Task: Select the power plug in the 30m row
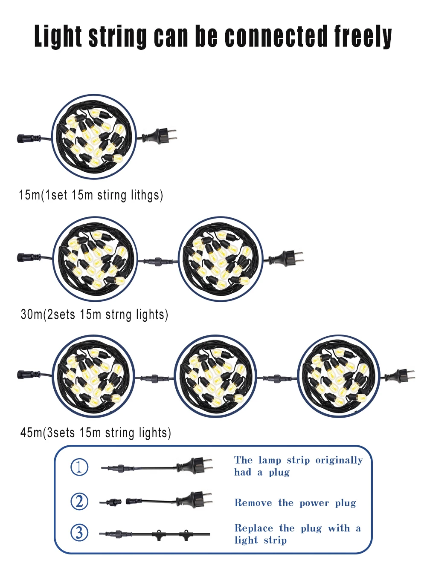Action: coord(288,257)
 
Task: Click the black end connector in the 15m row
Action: coord(25,139)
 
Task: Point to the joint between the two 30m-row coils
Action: coord(157,260)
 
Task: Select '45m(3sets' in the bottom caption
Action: coord(47,433)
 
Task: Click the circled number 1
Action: coord(79,467)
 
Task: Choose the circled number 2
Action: coord(79,501)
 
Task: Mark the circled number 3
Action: coord(79,533)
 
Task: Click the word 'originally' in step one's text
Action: coord(339,460)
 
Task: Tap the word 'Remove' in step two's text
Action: coord(253,503)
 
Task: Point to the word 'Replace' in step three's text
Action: coord(254,528)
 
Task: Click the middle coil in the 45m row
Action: coord(215,376)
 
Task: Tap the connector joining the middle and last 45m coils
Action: coord(277,378)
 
